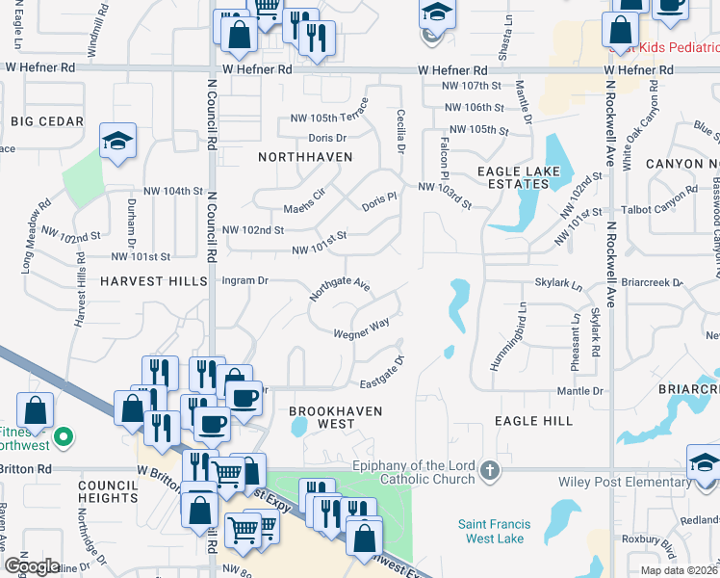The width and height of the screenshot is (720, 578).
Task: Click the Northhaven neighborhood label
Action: pyautogui.click(x=304, y=156)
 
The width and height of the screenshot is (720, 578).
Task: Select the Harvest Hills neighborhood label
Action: pyautogui.click(x=153, y=280)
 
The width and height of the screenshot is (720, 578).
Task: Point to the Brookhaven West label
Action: pyautogui.click(x=336, y=417)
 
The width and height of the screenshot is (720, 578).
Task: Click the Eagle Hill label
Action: pyautogui.click(x=533, y=421)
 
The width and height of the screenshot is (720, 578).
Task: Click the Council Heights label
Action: pyautogui.click(x=108, y=491)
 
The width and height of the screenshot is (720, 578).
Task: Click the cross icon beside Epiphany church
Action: pyautogui.click(x=490, y=471)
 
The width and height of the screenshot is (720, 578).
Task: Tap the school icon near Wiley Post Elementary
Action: pyautogui.click(x=704, y=463)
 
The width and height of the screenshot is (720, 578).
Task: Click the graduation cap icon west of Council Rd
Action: pyautogui.click(x=117, y=142)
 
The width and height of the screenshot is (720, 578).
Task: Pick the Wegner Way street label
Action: pyautogui.click(x=361, y=330)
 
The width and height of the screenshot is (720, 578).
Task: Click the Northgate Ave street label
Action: pyautogui.click(x=340, y=290)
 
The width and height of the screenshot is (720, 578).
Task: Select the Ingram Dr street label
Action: pyautogui.click(x=244, y=280)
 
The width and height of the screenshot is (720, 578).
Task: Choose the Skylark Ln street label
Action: pyautogui.click(x=559, y=286)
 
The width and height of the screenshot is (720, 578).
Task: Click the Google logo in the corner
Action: pyautogui.click(x=32, y=565)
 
